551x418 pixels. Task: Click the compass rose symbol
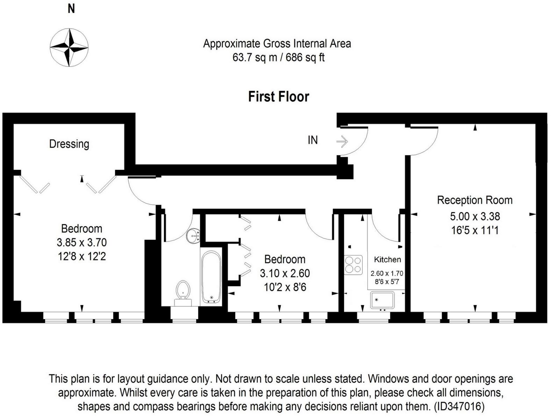click(x=69, y=47)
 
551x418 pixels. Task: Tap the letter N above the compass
click(x=71, y=9)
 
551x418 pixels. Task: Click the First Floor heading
click(x=278, y=97)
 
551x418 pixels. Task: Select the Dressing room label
click(x=69, y=144)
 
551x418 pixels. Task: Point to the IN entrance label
click(x=313, y=140)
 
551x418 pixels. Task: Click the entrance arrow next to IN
click(x=342, y=141)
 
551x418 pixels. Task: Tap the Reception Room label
click(x=474, y=200)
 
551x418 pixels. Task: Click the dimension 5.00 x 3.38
click(x=474, y=216)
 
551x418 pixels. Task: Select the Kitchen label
click(x=387, y=259)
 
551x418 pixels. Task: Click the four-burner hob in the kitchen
click(x=353, y=265)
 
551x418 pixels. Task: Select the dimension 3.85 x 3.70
click(x=81, y=243)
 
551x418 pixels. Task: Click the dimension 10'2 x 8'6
click(x=285, y=287)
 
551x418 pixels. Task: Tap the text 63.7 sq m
click(x=254, y=57)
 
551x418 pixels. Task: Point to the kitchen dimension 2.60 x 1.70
click(x=387, y=274)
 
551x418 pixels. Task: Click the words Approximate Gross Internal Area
click(x=277, y=44)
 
